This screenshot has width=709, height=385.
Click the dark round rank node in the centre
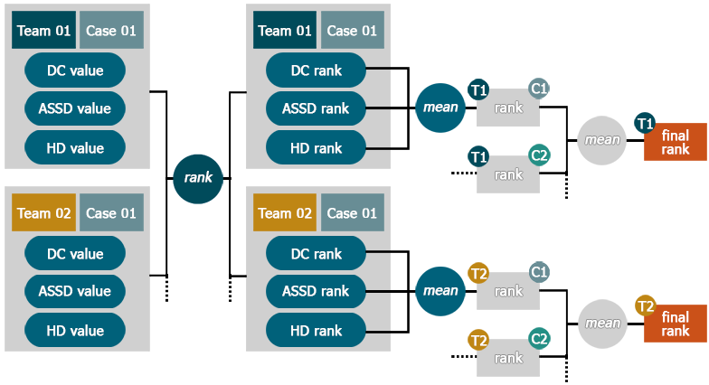coord(198,179)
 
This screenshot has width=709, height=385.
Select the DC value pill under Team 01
coord(75,70)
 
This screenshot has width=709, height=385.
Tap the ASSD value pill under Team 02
coord(75,291)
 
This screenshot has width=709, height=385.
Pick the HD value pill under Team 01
coord(75,148)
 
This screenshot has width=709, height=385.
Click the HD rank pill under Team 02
coord(317,331)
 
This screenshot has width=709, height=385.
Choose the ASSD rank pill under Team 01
coord(317,108)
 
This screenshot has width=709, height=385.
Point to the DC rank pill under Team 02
coord(317,253)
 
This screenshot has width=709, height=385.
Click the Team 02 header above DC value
coord(43,213)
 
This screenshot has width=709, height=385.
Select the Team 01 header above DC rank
coord(285,31)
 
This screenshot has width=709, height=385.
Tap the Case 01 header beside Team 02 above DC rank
coord(353,213)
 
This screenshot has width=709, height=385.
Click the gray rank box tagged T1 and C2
coord(508,174)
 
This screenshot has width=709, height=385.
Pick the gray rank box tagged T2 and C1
coord(508,291)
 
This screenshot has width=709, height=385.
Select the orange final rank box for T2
coord(676,324)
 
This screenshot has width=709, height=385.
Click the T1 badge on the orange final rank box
coord(645,123)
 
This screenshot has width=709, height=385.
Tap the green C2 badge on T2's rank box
coord(539,338)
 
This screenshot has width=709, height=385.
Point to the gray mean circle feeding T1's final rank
coord(602,140)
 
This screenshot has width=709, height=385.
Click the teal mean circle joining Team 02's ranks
coord(440,291)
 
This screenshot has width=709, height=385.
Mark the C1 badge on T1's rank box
coord(539,89)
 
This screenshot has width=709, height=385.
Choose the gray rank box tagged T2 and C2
coord(508,358)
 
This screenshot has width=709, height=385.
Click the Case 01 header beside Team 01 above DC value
coord(111,31)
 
